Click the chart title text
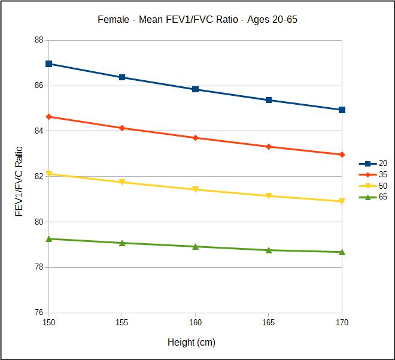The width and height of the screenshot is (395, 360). pyautogui.click(x=197, y=19)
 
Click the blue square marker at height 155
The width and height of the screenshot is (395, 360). pyautogui.click(x=122, y=77)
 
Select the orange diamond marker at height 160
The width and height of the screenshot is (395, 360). pyautogui.click(x=195, y=138)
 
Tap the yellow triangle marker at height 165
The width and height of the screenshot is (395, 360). pyautogui.click(x=269, y=196)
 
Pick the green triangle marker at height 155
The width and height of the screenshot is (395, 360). pyautogui.click(x=122, y=243)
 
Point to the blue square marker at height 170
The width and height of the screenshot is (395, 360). pyautogui.click(x=342, y=110)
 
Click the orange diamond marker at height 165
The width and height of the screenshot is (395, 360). pyautogui.click(x=269, y=147)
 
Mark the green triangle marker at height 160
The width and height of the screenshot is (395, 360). pyautogui.click(x=195, y=246)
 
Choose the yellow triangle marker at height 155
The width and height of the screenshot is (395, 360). pyautogui.click(x=122, y=182)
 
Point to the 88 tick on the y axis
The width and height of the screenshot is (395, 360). pyautogui.click(x=38, y=40)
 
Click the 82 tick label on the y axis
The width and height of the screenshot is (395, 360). pyautogui.click(x=38, y=177)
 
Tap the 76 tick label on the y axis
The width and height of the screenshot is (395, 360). pyautogui.click(x=38, y=313)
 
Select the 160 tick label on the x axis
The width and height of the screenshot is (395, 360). pyautogui.click(x=195, y=323)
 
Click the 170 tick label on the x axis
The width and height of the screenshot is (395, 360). pyautogui.click(x=342, y=323)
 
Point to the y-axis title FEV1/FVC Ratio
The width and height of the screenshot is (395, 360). pyautogui.click(x=19, y=181)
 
